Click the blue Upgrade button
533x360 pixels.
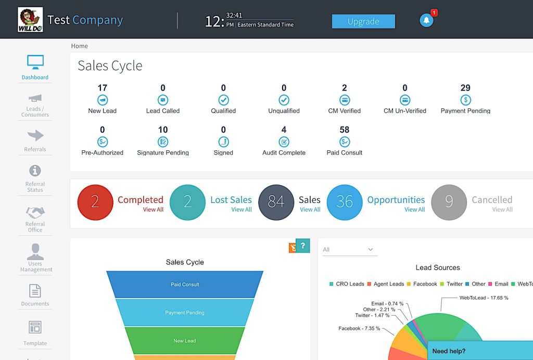pyautogui.click(x=363, y=21)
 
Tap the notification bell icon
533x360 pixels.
pyautogui.click(x=426, y=20)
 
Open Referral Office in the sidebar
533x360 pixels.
pyautogui.click(x=35, y=218)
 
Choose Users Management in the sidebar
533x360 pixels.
pyautogui.click(x=35, y=258)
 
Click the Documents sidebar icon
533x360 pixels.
pyautogui.click(x=35, y=295)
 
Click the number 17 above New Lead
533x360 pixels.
pyautogui.click(x=102, y=88)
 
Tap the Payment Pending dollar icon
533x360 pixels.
pyautogui.click(x=465, y=100)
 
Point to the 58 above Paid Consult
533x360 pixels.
pyautogui.click(x=344, y=130)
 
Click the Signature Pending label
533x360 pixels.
pyautogui.click(x=163, y=153)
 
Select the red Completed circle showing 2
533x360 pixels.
pyautogui.click(x=95, y=202)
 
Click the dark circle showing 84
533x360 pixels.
pyautogui.click(x=276, y=202)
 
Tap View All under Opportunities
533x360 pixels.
pyautogui.click(x=414, y=210)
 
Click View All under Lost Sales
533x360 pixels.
pyautogui.click(x=242, y=210)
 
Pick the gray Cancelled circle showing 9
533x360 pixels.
pyautogui.click(x=449, y=202)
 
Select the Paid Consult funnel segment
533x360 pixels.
pyautogui.click(x=185, y=285)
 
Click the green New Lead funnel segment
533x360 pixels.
pyautogui.click(x=185, y=341)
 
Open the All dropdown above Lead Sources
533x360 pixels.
pyautogui.click(x=349, y=250)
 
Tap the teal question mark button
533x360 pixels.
pyautogui.click(x=302, y=246)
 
